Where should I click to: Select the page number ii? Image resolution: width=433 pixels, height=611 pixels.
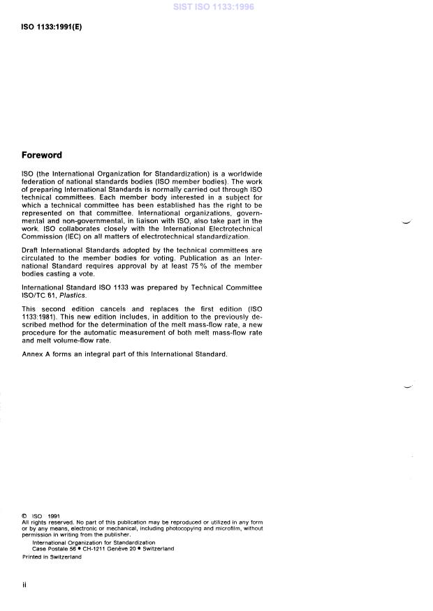[x=25, y=586]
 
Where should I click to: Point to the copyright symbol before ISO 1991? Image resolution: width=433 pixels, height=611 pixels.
[x=25, y=517]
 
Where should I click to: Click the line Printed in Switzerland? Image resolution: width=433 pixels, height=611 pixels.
[x=52, y=557]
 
